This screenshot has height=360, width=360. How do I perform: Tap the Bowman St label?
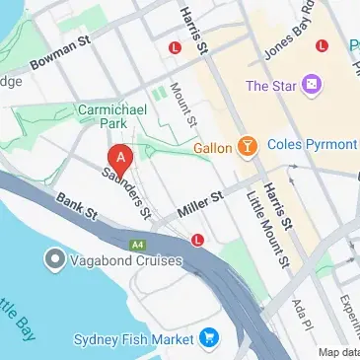[x=60, y=62]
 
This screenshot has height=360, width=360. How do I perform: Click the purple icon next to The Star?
[x=312, y=85]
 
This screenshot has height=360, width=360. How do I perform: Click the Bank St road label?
[x=77, y=208]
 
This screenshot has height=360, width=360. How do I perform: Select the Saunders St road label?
[x=129, y=192]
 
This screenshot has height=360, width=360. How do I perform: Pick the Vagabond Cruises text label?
[x=125, y=260]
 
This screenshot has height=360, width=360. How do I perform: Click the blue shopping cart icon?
[x=208, y=339]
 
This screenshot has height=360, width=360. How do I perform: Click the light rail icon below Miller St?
[x=198, y=239]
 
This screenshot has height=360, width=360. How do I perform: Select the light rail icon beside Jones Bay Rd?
[x=321, y=45]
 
